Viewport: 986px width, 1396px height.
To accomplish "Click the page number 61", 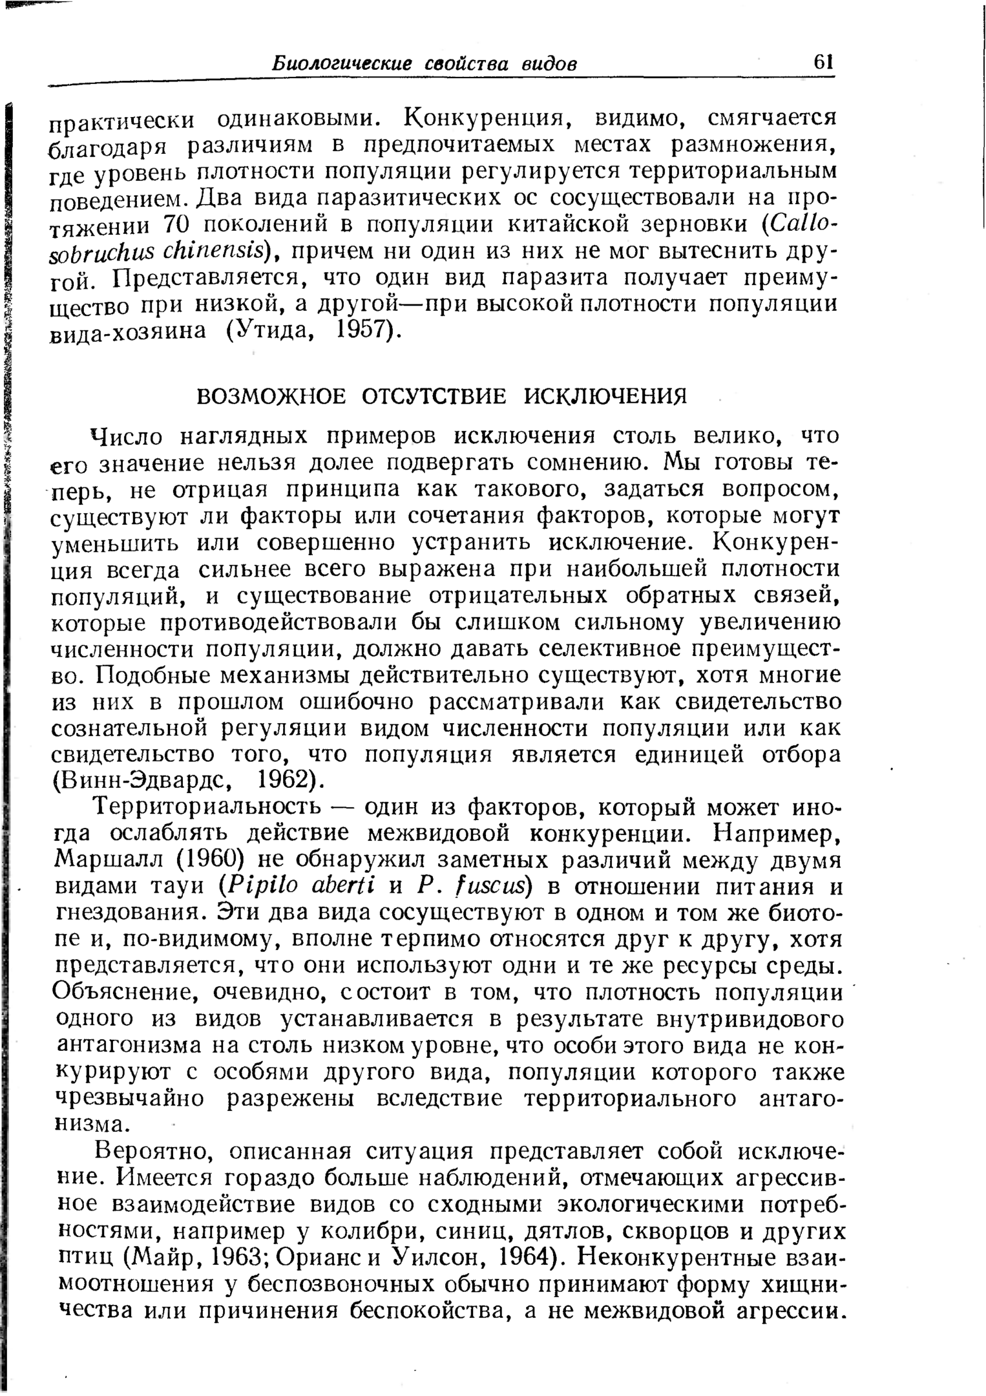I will (823, 63).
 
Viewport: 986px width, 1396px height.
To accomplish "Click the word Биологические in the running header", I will (342, 64).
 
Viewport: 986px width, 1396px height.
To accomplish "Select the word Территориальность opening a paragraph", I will (207, 807).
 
